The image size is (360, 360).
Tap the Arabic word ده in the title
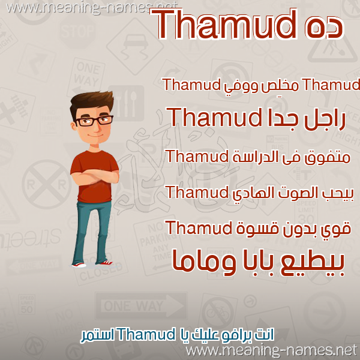[x=324, y=28]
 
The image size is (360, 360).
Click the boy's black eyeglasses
[x=94, y=121]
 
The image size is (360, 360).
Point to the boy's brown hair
[x=92, y=102]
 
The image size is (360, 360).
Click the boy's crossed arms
[x=95, y=176]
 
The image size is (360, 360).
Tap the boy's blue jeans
[x=91, y=232]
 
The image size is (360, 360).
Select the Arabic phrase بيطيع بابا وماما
[x=258, y=263]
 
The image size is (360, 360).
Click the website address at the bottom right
[x=272, y=351]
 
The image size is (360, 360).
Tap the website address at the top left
[x=92, y=7]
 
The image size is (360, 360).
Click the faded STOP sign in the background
[x=77, y=31]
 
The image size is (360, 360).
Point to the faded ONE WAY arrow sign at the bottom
[x=142, y=306]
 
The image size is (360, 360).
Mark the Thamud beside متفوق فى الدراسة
[x=197, y=156]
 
